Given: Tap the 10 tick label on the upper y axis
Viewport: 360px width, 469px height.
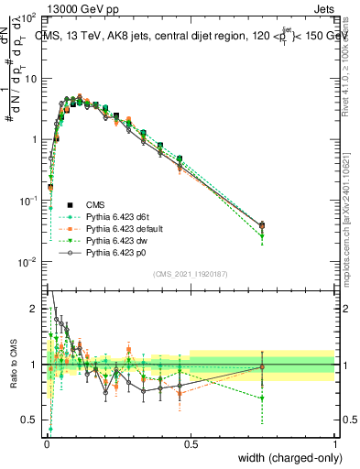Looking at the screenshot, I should click(x=30, y=79).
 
